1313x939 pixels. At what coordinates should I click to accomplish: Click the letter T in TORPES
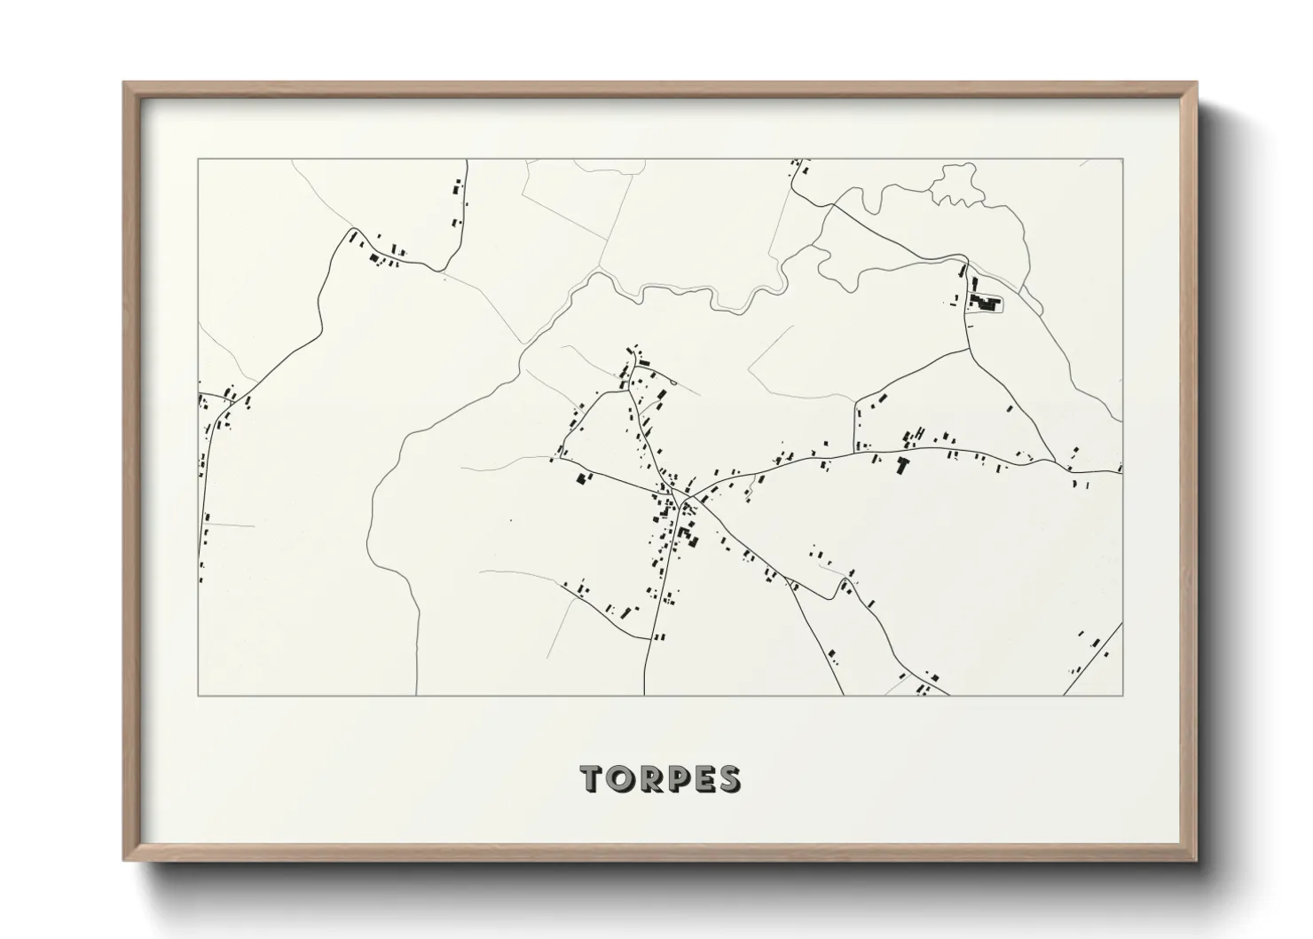pos(593,778)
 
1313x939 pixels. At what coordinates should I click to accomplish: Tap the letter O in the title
pos(620,778)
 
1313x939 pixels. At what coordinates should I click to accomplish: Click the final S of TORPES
pos(729,778)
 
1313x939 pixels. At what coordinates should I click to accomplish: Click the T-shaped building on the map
pos(904,464)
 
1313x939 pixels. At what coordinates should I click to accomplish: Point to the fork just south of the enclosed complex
pos(968,348)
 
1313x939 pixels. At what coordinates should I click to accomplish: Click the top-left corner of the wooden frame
pos(125,83)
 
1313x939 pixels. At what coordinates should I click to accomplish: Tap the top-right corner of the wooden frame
pos(1196,83)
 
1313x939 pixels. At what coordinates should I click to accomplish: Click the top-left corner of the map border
pos(198,160)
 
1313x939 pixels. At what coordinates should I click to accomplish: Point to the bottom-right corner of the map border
pos(1122,696)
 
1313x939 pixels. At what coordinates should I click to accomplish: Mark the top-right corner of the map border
pos(1122,160)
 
